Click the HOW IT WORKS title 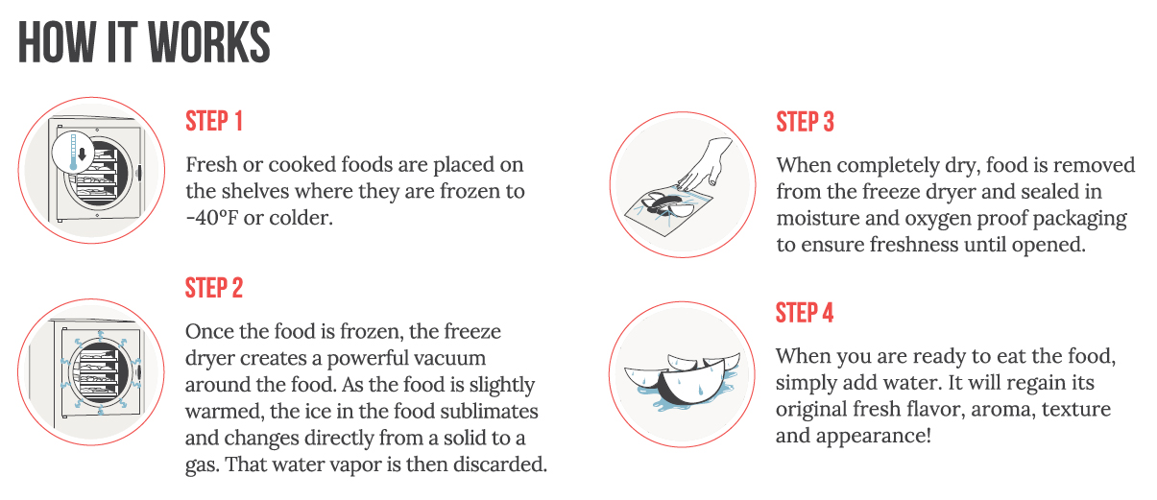pos(144,42)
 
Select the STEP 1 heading pos(214,121)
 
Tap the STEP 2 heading pos(214,288)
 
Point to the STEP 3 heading pos(806,122)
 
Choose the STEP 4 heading pos(805,313)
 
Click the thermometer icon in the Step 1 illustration pos(73,152)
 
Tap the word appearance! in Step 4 pos(874,437)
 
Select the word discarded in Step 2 pos(499,464)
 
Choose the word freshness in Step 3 pos(914,245)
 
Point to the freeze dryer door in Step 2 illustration pos(99,372)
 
